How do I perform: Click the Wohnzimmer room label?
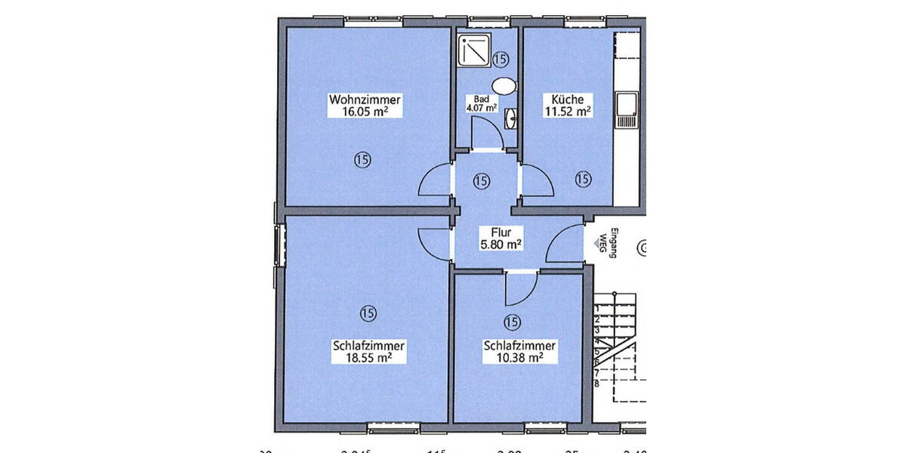point(365,100)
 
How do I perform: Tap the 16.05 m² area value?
point(365,112)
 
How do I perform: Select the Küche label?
point(567,100)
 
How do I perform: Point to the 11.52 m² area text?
point(567,112)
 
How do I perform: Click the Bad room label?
point(481,99)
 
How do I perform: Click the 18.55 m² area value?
point(368,358)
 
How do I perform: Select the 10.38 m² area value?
point(519,358)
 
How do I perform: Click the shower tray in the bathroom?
point(473,51)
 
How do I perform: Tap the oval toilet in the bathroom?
point(504,85)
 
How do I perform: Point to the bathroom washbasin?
point(511,117)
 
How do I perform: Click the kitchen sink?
point(627,109)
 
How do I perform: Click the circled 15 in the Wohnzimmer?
point(362,159)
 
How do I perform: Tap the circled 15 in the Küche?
point(582,179)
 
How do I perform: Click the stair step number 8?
point(596,383)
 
